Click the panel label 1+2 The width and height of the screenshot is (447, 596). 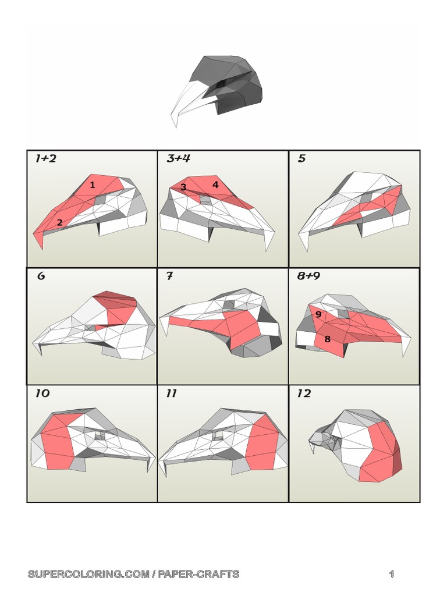tap(45, 159)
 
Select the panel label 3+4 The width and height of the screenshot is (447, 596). tap(178, 159)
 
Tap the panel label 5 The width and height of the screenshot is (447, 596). tap(301, 159)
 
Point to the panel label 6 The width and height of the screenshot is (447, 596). tap(41, 276)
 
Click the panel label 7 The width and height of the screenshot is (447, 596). tap(169, 276)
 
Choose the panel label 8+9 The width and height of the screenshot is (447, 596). tap(308, 276)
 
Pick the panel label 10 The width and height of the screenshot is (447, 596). tap(42, 393)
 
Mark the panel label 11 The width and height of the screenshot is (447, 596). tap(171, 393)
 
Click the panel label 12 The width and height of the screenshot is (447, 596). tap(304, 393)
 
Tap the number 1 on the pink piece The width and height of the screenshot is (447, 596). tap(93, 185)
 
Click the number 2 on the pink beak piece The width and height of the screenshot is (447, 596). tap(59, 222)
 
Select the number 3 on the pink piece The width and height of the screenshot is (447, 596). tap(183, 187)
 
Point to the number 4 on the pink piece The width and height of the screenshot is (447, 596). tap(215, 185)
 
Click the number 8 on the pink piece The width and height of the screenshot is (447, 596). tap(328, 339)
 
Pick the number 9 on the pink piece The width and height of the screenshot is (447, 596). tap(318, 315)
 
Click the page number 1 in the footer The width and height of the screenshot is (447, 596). tap(392, 574)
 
